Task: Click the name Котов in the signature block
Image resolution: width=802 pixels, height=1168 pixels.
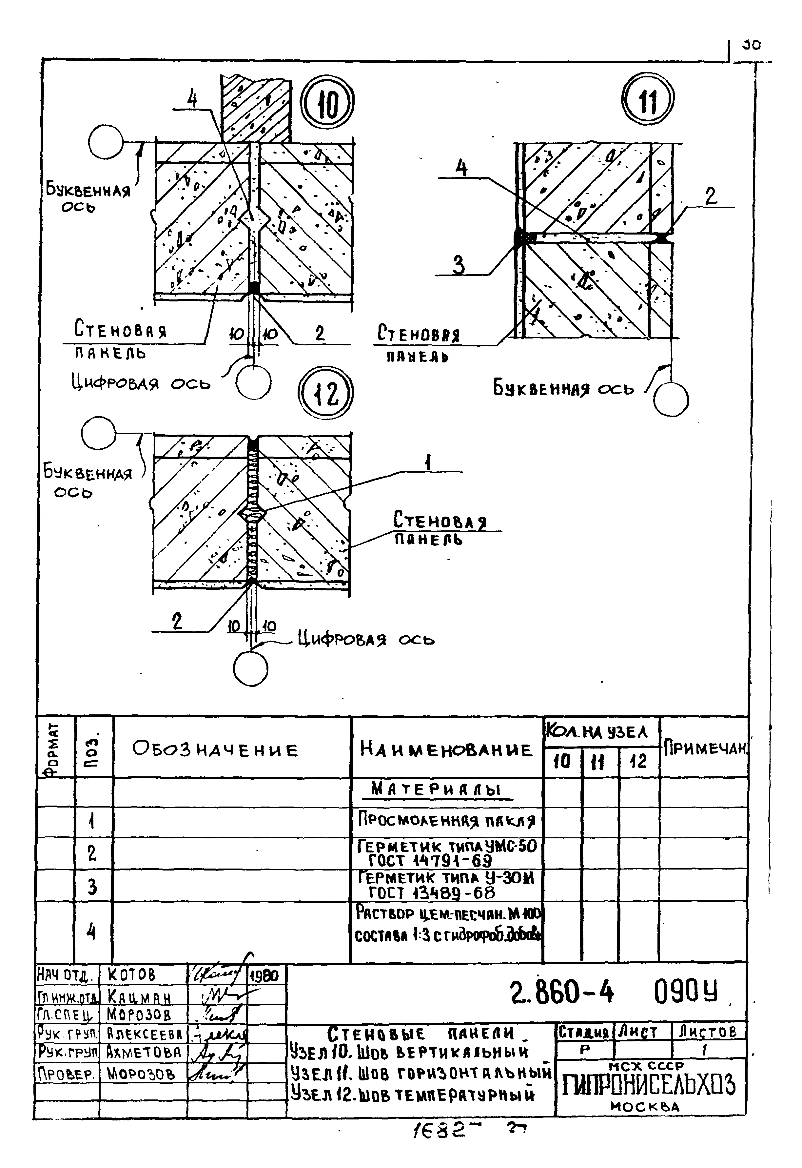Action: click(132, 975)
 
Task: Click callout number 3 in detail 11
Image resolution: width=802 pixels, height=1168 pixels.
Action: click(459, 265)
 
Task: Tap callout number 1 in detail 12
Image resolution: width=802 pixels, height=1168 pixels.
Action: click(428, 461)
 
